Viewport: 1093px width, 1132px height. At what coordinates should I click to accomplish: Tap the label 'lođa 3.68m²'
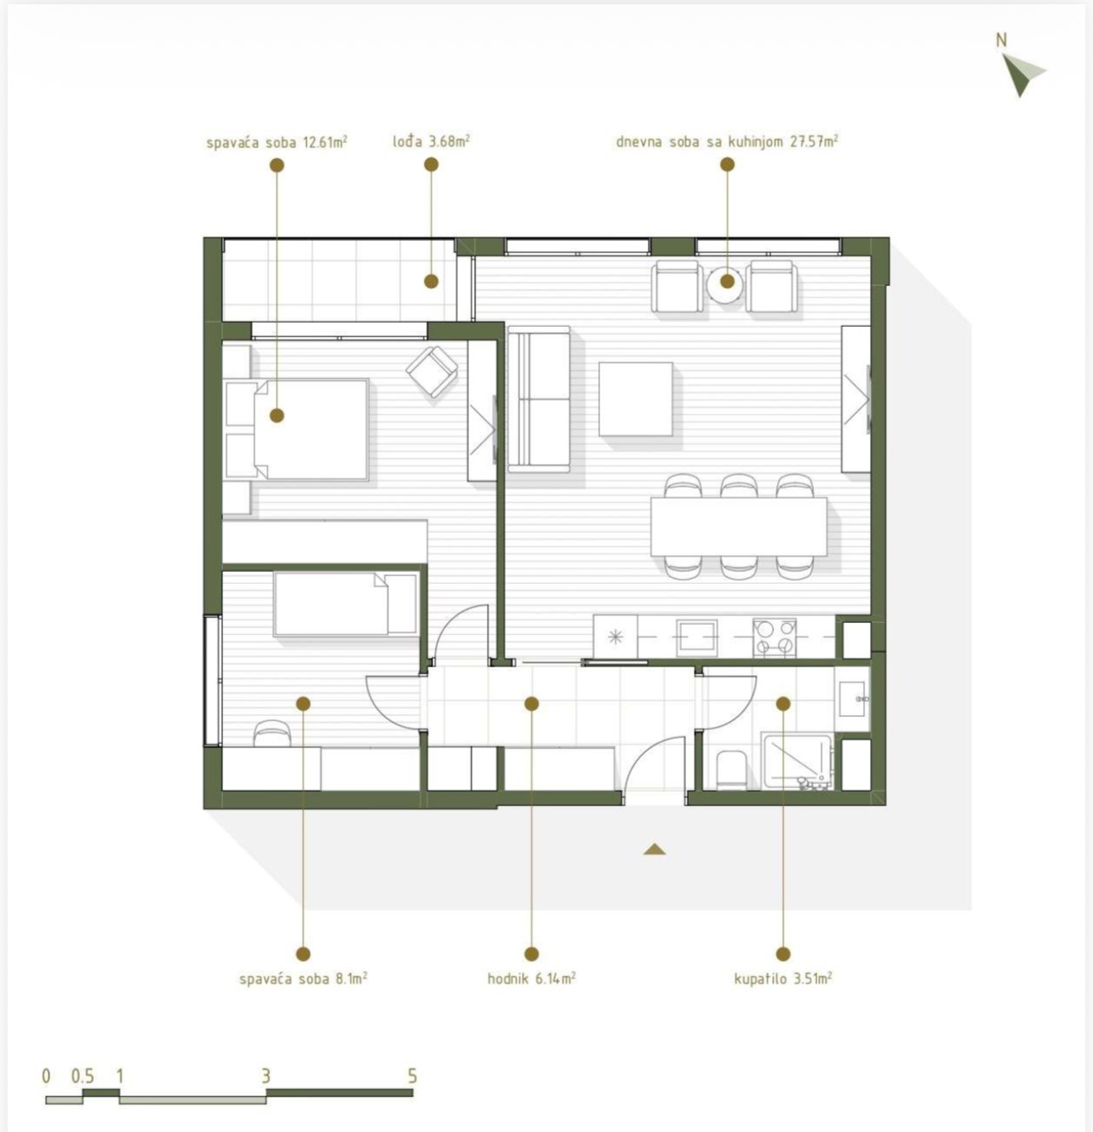431,141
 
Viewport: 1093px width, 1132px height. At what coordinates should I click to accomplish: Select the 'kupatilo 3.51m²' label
783,980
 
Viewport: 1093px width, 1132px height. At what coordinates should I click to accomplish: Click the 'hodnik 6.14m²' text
532,980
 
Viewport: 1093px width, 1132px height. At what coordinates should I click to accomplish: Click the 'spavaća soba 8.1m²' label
303,980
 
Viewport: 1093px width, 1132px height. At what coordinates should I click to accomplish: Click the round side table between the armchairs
724,283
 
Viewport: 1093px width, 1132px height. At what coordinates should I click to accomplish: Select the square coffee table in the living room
637,399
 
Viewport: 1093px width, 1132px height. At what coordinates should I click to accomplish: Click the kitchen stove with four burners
775,638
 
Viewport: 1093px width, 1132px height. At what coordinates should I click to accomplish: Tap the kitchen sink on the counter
697,637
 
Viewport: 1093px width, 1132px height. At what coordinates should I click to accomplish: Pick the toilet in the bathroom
730,770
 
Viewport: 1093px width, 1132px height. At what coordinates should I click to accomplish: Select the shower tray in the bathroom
798,762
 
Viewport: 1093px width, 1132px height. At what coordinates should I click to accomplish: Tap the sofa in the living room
539,399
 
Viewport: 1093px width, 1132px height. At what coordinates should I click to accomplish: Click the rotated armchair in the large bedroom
432,371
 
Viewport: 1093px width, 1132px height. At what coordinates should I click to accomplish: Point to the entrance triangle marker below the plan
655,849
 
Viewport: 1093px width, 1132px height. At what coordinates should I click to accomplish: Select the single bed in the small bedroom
346,603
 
